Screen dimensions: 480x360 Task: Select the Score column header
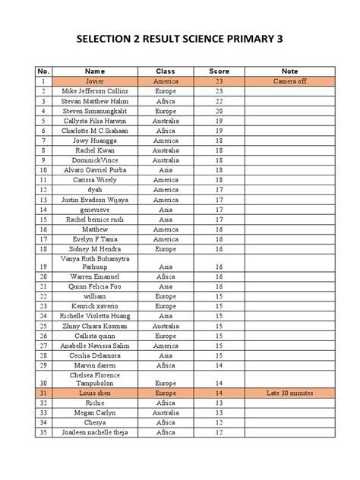click(219, 71)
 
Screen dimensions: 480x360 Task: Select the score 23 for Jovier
click(219, 81)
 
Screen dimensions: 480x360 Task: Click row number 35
click(44, 433)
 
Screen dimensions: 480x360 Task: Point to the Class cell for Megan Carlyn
click(166, 413)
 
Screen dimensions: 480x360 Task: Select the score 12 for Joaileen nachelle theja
click(219, 433)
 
